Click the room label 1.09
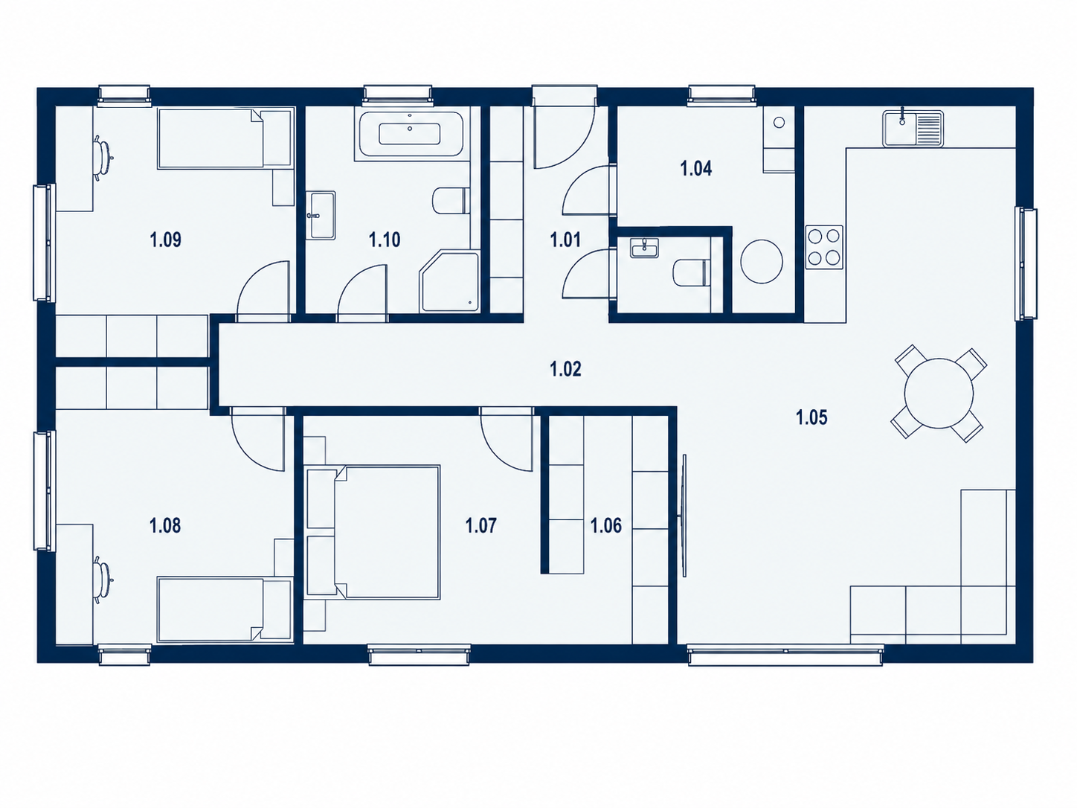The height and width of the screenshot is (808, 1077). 165,240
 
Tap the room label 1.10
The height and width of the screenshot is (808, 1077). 385,240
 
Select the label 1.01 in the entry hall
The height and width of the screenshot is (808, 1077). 565,240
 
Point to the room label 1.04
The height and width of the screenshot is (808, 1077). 695,169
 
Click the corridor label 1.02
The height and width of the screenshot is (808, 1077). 565,370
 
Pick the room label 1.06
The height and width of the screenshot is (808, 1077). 606,526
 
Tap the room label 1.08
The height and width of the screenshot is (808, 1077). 165,526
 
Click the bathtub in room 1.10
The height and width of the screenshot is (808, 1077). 410,133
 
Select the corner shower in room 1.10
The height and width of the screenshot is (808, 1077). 449,281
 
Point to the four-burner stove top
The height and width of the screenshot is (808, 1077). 824,247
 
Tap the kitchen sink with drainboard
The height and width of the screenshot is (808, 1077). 913,129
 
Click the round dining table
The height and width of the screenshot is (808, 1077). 939,394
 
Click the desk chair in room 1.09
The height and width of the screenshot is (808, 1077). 103,155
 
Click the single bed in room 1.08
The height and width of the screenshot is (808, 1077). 225,609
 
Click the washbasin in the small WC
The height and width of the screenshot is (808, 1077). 645,249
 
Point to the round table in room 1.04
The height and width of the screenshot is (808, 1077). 762,261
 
